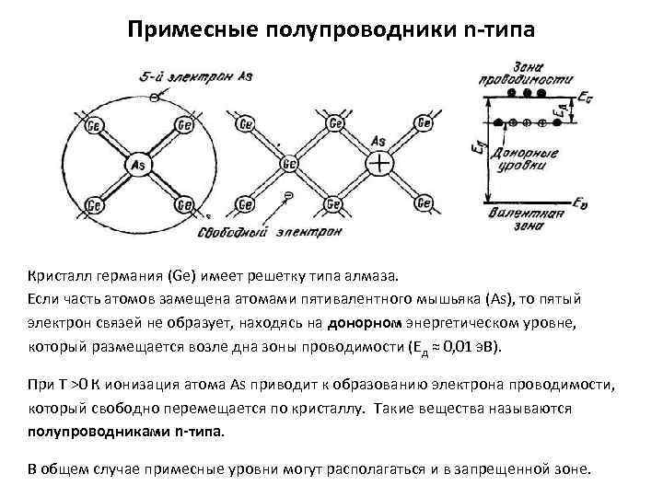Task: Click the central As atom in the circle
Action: pyautogui.click(x=139, y=162)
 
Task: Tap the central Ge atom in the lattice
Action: pyautogui.click(x=288, y=165)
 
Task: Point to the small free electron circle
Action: pyautogui.click(x=288, y=195)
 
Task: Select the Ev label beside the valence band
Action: pyautogui.click(x=579, y=202)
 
